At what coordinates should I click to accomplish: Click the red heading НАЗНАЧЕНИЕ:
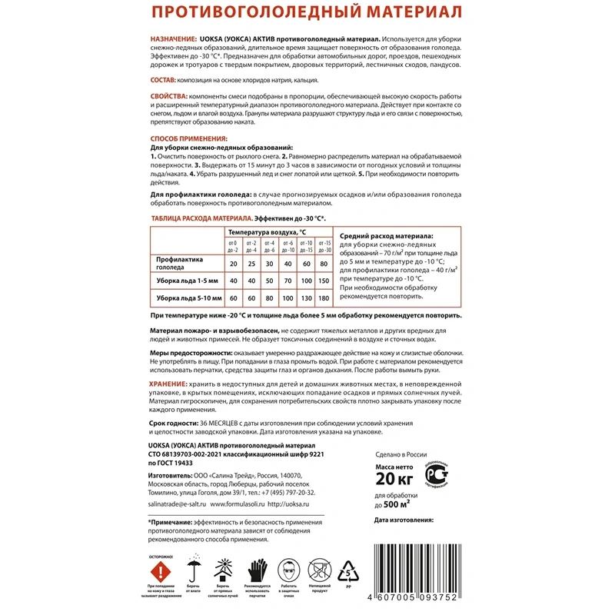174,38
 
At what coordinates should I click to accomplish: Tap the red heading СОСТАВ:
162,80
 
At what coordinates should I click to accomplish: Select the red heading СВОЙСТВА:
168,95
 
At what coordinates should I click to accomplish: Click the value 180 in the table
324,298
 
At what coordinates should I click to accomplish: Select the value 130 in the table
307,298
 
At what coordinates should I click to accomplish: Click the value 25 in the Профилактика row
251,264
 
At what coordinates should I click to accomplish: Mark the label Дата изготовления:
404,520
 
